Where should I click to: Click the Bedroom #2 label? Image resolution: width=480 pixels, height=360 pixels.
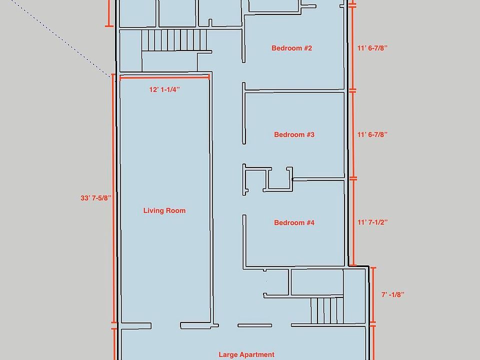coord(291,48)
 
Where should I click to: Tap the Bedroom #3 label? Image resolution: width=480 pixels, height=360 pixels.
coord(294,134)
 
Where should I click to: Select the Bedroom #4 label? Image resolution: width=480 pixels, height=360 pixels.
coord(294,222)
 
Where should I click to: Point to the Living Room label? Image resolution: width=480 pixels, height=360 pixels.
coord(164,210)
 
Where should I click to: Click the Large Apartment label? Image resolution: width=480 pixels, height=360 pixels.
coord(246,355)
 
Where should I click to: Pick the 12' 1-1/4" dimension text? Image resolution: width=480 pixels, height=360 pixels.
coord(164,89)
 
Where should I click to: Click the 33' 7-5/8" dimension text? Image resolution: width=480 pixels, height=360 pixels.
coord(96,198)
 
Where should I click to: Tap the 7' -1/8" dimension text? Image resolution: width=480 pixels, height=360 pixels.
coord(393,295)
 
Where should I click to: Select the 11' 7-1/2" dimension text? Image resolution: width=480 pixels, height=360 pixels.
coord(372,222)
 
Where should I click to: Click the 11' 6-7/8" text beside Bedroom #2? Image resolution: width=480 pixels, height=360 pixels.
coord(372,48)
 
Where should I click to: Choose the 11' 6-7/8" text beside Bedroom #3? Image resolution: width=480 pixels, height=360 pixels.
coord(372,134)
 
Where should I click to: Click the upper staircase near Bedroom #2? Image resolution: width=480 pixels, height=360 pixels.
coord(174,40)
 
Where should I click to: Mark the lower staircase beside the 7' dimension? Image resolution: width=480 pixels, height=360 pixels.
coord(326,310)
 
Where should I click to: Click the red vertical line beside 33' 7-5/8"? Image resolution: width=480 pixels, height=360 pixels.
coord(113,198)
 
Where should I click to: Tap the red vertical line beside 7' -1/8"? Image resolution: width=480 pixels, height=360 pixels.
coord(373,295)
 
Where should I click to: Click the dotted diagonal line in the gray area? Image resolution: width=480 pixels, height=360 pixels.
coord(60,38)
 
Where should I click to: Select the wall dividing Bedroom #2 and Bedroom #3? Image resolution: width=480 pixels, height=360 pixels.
coord(294,90)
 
